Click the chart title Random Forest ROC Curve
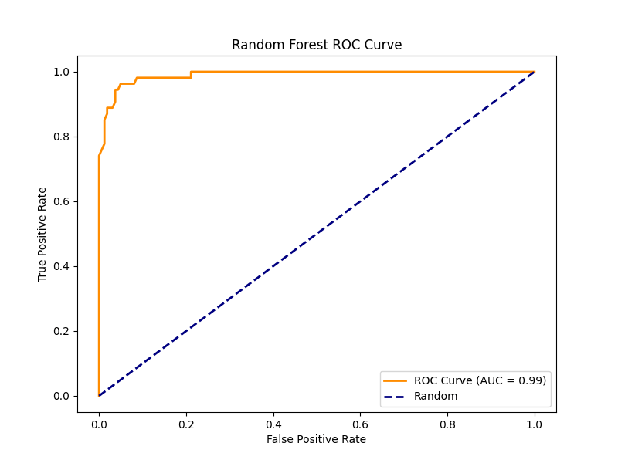pyautogui.click(x=317, y=45)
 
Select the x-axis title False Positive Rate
pyautogui.click(x=316, y=439)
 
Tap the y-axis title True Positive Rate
pyautogui.click(x=42, y=234)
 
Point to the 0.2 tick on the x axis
pyautogui.click(x=186, y=423)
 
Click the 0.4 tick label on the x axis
pyautogui.click(x=273, y=423)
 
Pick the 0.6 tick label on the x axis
pyautogui.click(x=360, y=423)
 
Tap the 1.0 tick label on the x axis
pyautogui.click(x=534, y=423)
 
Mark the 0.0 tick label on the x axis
pyautogui.click(x=99, y=423)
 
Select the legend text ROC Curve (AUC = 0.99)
pyautogui.click(x=480, y=380)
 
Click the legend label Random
pyautogui.click(x=436, y=397)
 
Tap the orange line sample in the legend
pyautogui.click(x=396, y=380)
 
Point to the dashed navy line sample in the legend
pyautogui.click(x=396, y=397)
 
